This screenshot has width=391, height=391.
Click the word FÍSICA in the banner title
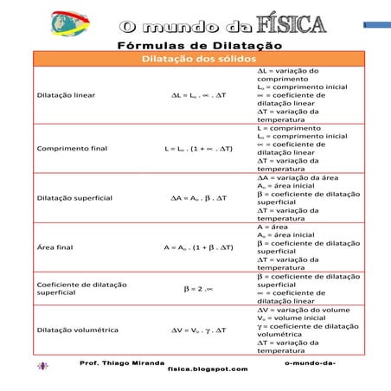point(285,24)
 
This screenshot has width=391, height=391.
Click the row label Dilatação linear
point(66,94)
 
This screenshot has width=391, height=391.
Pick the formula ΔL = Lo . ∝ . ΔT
point(199,94)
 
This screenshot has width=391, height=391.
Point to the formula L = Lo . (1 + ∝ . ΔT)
point(199,148)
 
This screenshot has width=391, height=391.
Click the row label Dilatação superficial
point(74,198)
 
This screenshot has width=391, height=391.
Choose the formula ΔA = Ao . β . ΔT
point(199,198)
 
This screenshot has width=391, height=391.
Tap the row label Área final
point(55,247)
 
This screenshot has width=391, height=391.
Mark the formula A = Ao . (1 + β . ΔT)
point(199,247)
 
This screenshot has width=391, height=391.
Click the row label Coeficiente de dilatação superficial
point(81,288)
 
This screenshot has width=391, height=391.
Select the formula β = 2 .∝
point(199,288)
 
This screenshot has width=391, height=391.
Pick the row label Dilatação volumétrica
point(78,330)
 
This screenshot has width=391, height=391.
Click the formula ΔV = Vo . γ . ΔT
point(199,330)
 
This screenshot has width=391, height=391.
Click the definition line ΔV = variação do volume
point(302,309)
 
